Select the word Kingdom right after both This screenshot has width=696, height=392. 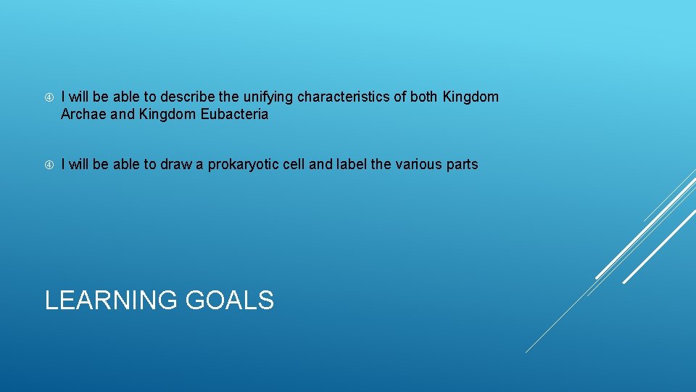471,97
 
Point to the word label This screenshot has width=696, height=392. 351,165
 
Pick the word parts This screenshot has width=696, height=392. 463,165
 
